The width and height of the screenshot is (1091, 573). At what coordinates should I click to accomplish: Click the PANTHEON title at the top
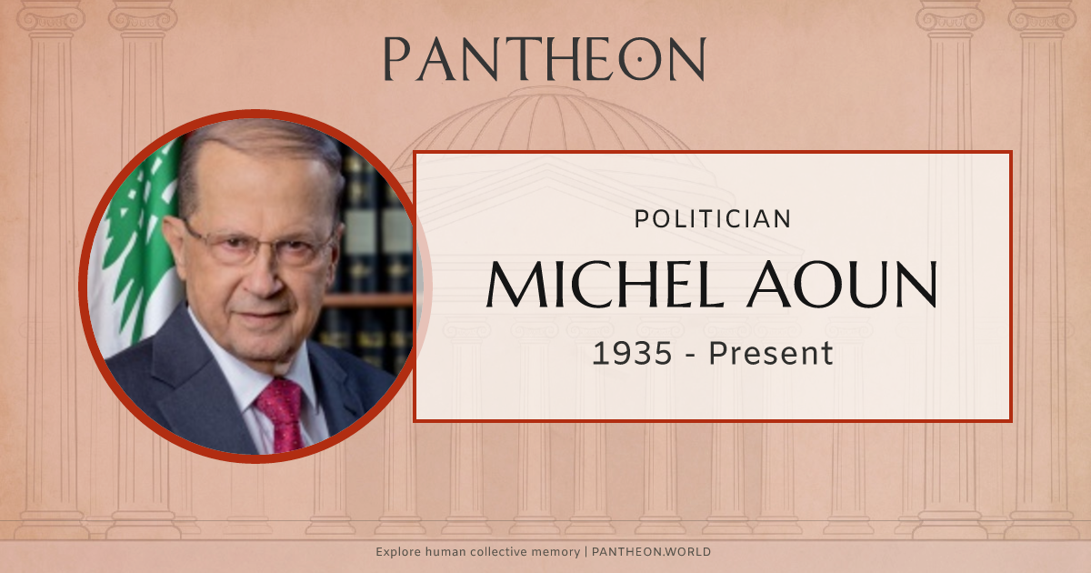click(x=544, y=59)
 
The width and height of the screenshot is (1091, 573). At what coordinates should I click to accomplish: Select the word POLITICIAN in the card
click(x=712, y=218)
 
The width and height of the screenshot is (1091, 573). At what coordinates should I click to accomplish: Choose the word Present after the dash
click(x=771, y=353)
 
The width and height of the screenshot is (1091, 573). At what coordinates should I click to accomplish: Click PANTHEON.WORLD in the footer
click(x=652, y=552)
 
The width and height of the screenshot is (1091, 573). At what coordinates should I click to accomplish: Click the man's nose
click(x=266, y=273)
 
